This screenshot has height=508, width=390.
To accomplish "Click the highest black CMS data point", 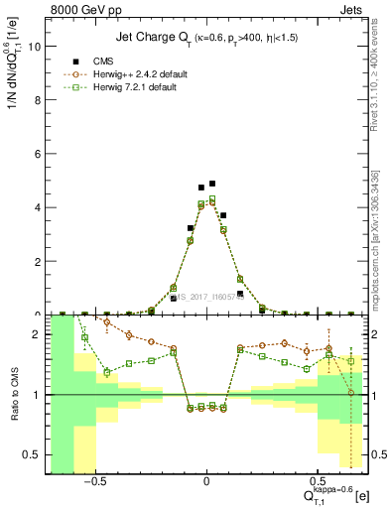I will click(212, 184).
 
